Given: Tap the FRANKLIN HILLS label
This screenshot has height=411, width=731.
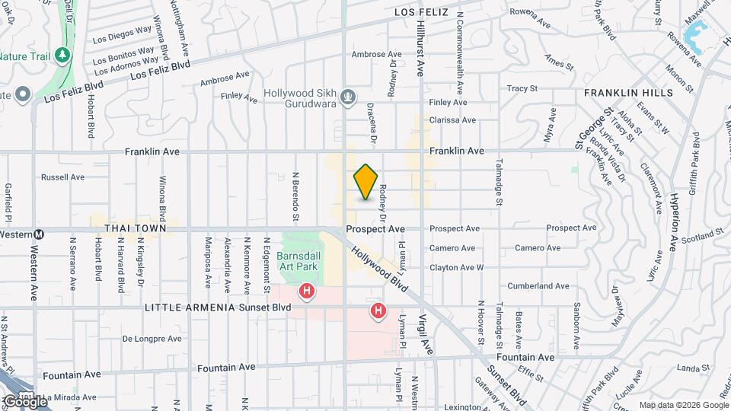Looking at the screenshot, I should [628, 92].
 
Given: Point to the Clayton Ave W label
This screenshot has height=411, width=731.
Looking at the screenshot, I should [457, 268].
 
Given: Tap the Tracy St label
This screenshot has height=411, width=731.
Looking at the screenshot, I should [522, 88].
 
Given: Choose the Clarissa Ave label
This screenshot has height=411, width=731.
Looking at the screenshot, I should [452, 120].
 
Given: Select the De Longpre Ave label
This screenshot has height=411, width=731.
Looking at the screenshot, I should [152, 339].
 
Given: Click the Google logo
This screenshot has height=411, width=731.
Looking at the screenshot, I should [24, 401].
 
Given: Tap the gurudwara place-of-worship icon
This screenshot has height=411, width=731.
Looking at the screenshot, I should [348, 97].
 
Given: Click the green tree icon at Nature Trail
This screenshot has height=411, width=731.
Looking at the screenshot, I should [62, 55].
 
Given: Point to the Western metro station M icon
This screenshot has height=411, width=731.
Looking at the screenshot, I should [45, 234].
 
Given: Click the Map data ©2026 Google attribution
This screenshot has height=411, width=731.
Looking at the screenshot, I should [682, 405].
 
